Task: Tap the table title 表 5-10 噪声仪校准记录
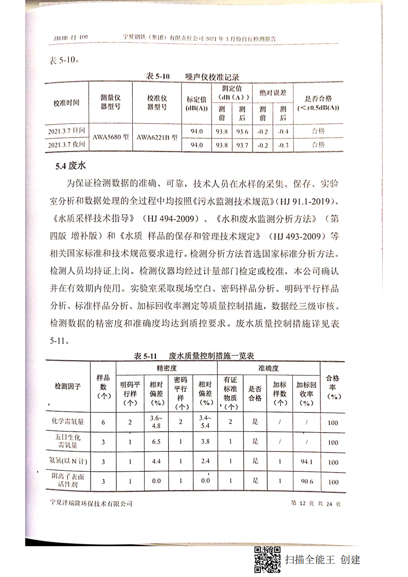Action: coord(192,76)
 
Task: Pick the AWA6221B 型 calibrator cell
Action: coord(157,138)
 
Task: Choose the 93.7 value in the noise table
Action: coord(242,145)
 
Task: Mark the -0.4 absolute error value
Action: coord(282,132)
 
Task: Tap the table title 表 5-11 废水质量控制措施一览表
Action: coord(194,356)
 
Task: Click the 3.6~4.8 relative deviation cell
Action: coord(156,422)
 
